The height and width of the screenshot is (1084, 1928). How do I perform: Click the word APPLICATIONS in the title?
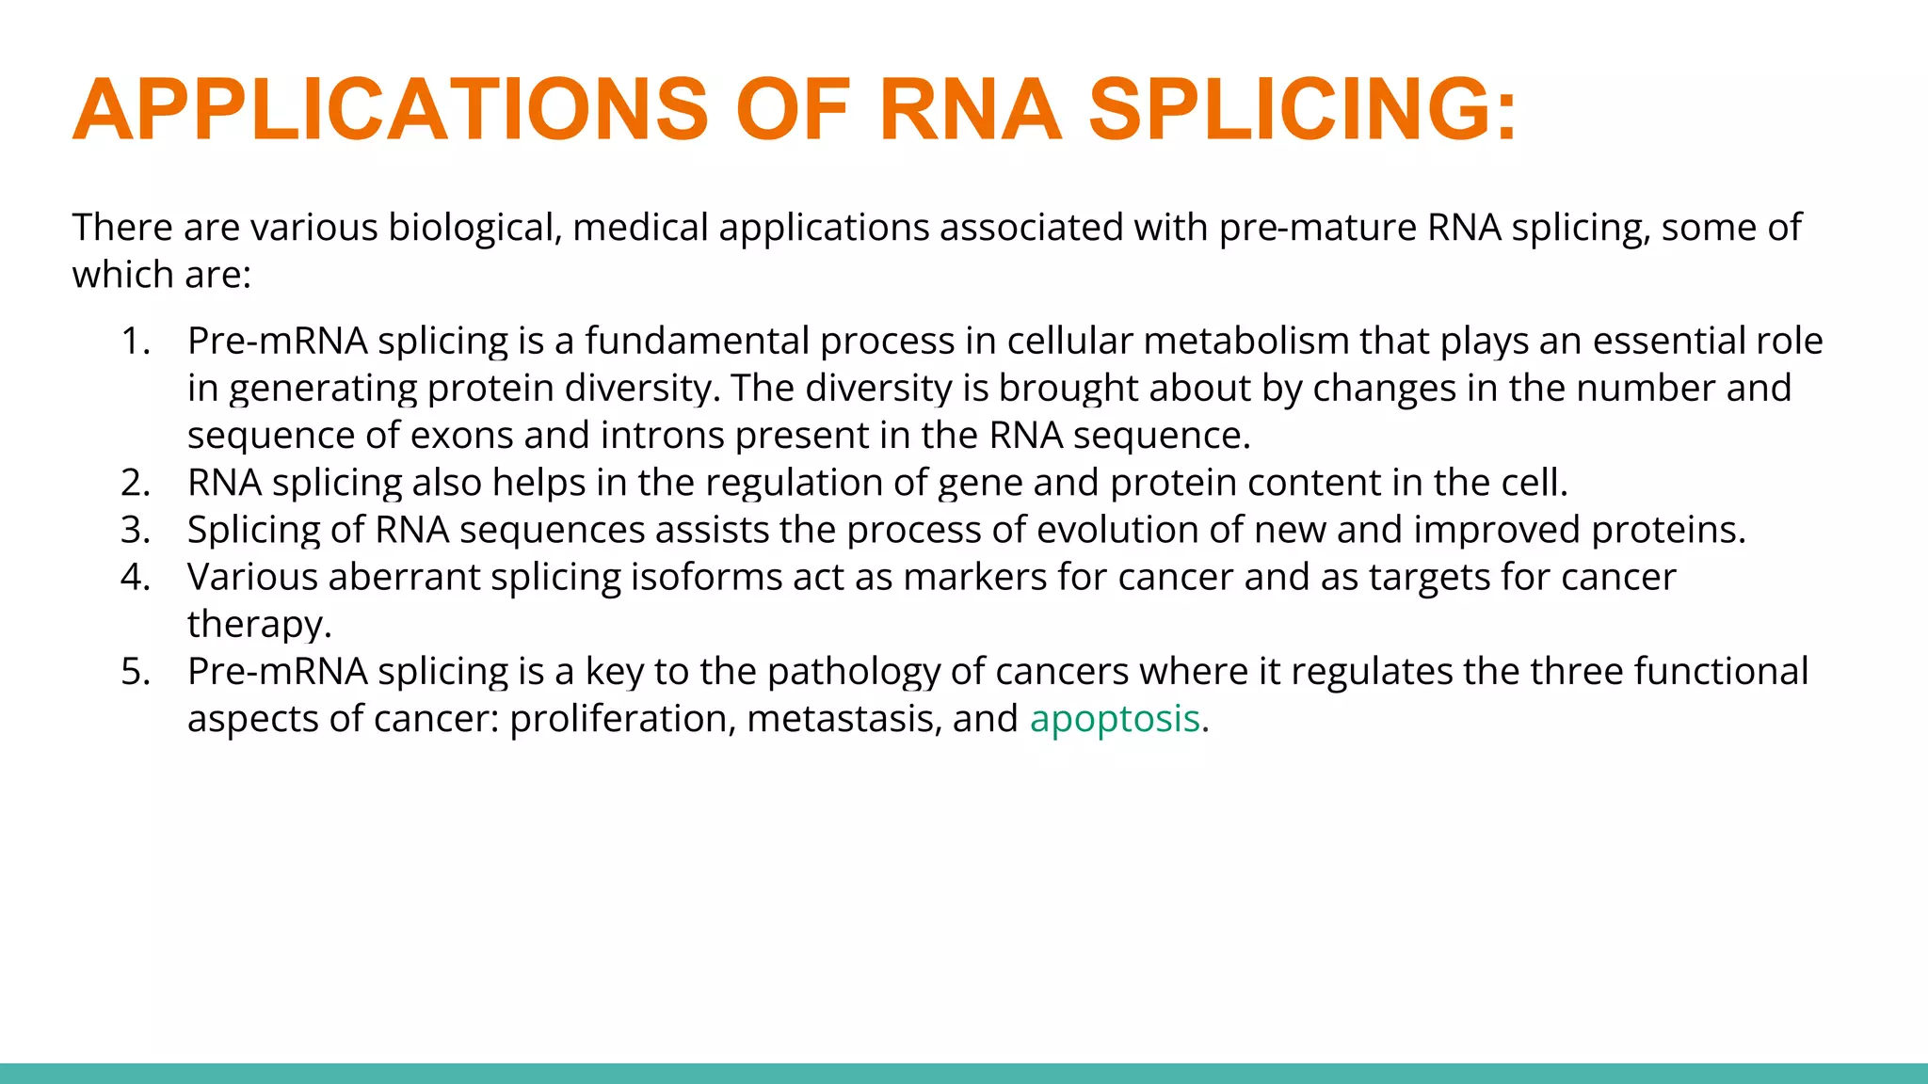(x=390, y=110)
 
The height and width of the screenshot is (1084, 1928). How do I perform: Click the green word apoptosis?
(x=1115, y=719)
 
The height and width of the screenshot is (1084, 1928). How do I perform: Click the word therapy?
(x=259, y=625)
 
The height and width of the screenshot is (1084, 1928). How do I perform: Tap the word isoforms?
(x=706, y=577)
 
